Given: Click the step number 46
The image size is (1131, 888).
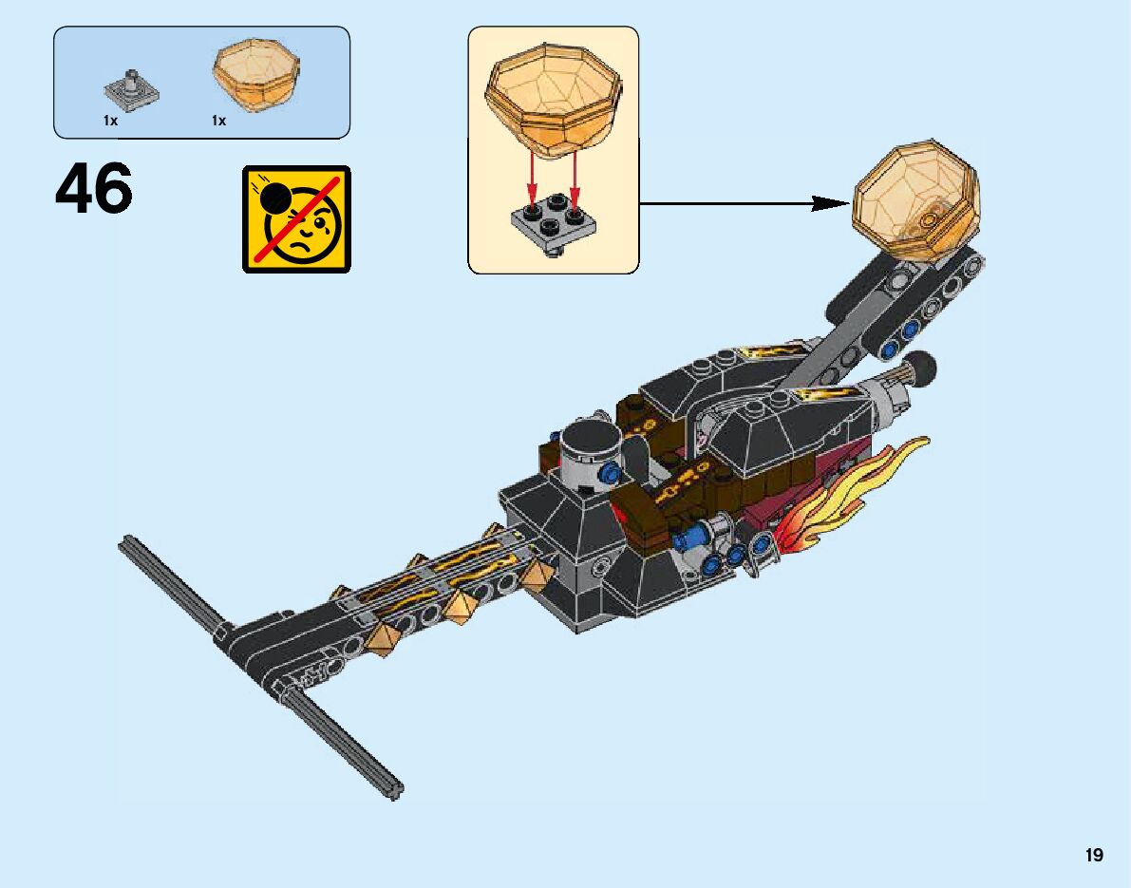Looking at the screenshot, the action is click(x=93, y=190).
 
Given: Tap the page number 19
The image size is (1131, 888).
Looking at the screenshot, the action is click(x=1095, y=856).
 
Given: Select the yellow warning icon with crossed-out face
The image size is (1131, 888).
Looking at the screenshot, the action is click(x=296, y=218).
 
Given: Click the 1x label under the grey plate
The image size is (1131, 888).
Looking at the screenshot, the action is click(x=110, y=121).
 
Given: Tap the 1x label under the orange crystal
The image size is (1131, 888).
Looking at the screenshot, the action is click(x=219, y=121).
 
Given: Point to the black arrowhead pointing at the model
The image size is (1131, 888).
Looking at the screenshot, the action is click(x=831, y=202).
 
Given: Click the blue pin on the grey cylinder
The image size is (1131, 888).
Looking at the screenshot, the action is click(x=613, y=472).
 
